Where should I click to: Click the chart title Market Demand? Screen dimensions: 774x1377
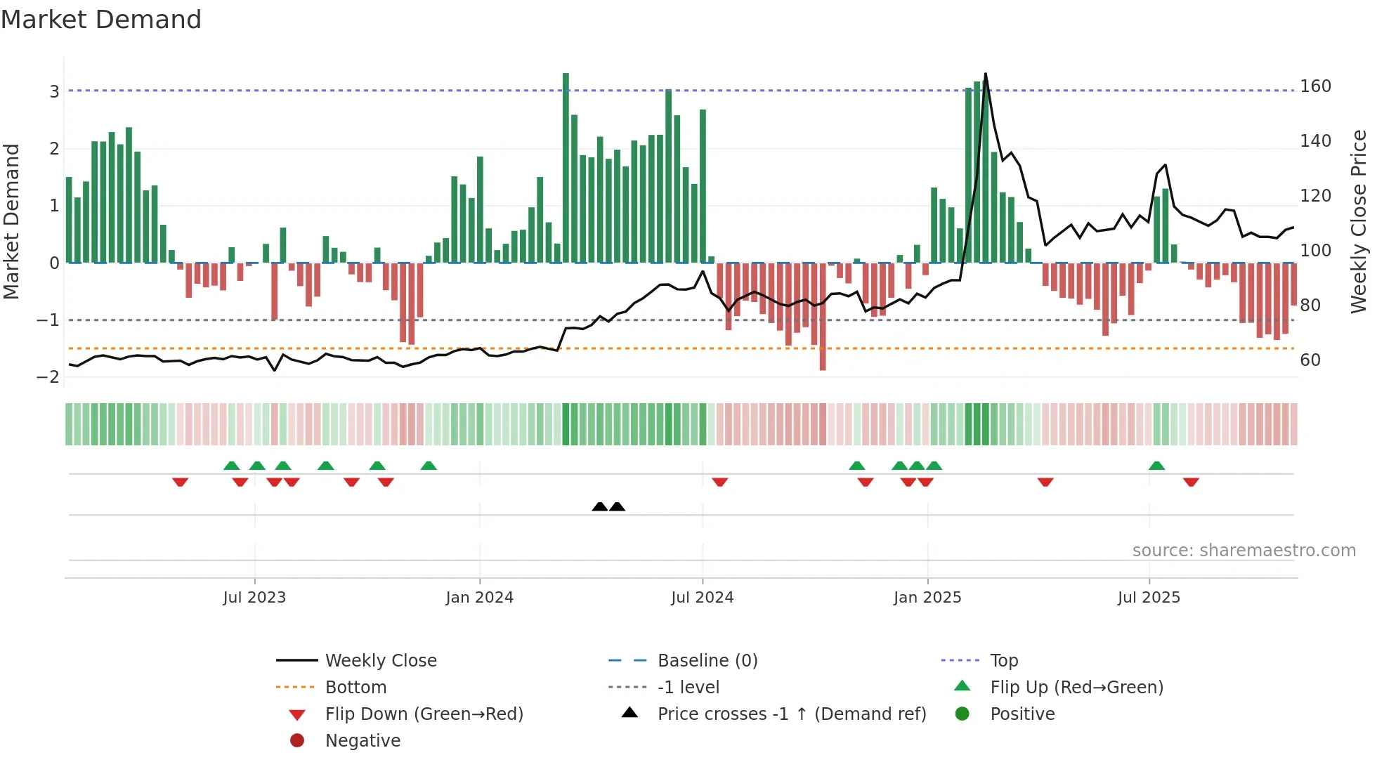[x=101, y=20]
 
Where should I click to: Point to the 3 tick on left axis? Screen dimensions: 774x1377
[x=54, y=91]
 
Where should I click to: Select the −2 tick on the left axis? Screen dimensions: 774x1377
[x=48, y=377]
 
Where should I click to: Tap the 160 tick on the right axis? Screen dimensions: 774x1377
[x=1315, y=86]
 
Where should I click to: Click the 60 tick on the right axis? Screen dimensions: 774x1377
[x=1310, y=360]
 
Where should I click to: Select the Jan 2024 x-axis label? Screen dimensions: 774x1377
[x=479, y=598]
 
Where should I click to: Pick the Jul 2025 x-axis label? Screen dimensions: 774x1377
[x=1149, y=598]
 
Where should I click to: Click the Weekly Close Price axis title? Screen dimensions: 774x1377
[x=1359, y=221]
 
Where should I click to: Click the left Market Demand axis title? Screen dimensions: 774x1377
[x=11, y=221]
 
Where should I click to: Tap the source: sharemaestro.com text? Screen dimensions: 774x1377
[x=1244, y=551]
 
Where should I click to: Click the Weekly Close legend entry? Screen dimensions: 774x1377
[x=380, y=661]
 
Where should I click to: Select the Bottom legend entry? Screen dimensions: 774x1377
[x=355, y=688]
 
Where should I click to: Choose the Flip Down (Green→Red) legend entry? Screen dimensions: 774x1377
[x=424, y=714]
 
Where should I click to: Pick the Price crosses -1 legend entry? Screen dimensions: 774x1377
[x=791, y=714]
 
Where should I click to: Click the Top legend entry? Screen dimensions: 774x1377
[x=1004, y=661]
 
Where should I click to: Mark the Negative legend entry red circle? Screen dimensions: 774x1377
[x=297, y=741]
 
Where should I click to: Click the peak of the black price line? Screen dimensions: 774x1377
[x=986, y=74]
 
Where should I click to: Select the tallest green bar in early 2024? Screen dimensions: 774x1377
[x=566, y=169]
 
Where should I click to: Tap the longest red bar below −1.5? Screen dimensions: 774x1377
[x=823, y=316]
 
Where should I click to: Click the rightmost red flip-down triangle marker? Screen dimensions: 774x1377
[x=1191, y=483]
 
